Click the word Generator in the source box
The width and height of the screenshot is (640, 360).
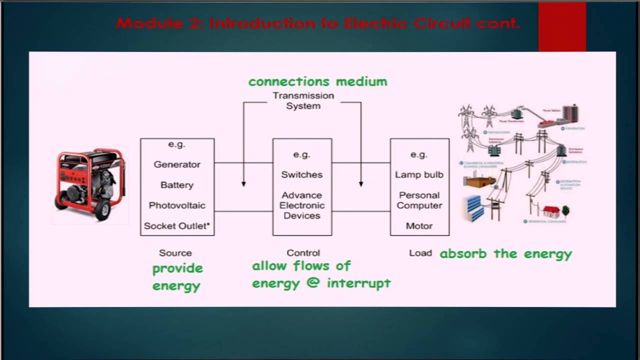(177, 164)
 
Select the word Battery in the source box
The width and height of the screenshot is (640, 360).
(177, 185)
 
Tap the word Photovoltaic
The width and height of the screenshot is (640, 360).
(177, 205)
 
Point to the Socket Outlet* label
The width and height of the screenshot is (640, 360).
(177, 226)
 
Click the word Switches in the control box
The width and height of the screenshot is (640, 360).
(301, 175)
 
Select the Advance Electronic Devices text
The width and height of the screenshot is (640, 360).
(301, 205)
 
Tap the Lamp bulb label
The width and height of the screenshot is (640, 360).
(419, 175)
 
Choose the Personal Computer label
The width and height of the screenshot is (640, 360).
(419, 200)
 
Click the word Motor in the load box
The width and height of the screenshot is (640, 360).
(419, 226)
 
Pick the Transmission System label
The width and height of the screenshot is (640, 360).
(303, 100)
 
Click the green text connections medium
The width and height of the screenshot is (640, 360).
(317, 81)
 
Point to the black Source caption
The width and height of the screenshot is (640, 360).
(175, 253)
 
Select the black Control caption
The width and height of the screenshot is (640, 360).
(303, 253)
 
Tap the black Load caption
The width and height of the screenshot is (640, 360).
(420, 253)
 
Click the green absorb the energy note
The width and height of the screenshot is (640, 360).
(505, 254)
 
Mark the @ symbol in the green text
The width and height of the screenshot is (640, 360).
(313, 283)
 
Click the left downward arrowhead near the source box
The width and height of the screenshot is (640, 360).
(243, 184)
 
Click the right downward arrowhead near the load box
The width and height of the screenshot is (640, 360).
(361, 184)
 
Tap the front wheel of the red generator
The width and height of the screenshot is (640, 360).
(103, 210)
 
